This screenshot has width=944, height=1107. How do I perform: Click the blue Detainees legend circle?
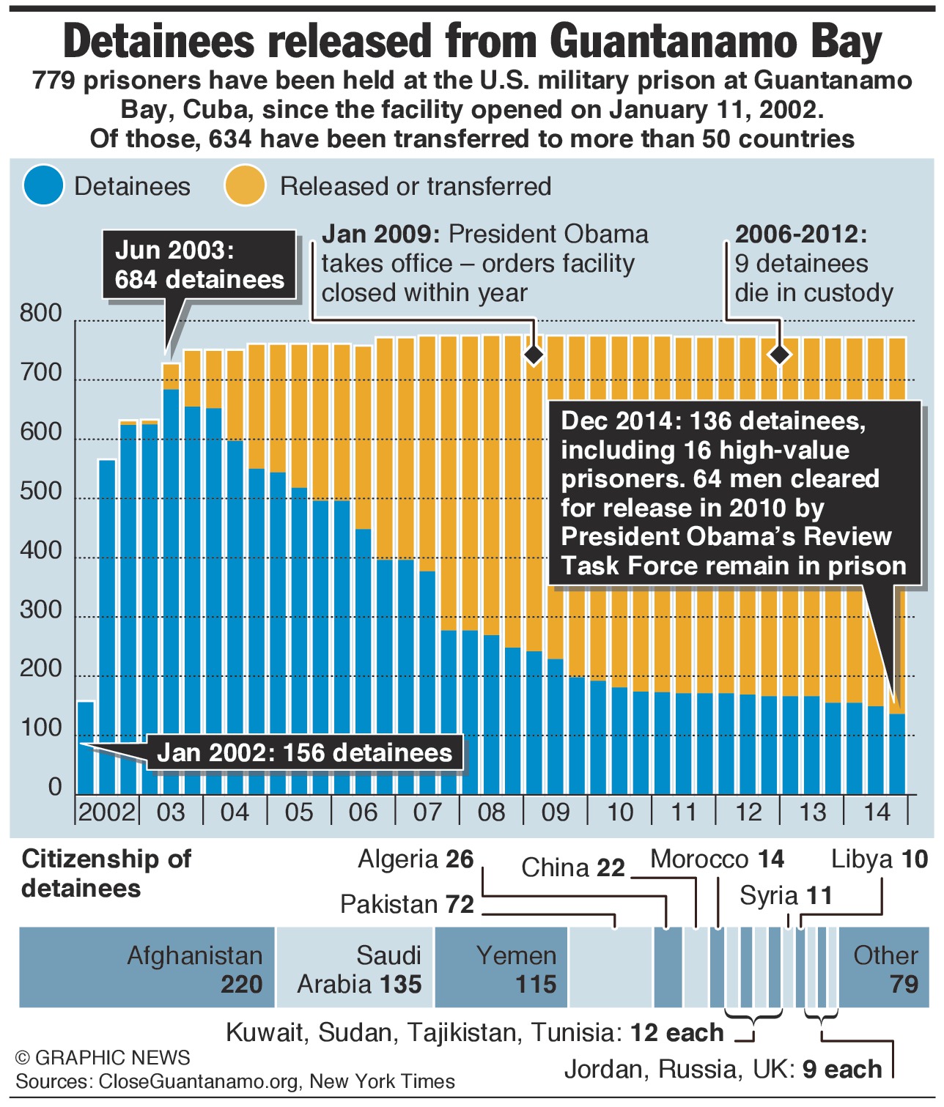(43, 185)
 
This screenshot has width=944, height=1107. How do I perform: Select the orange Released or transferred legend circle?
(245, 185)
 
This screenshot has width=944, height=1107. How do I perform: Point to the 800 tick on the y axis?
(41, 313)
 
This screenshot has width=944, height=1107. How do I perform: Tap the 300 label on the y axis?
(41, 610)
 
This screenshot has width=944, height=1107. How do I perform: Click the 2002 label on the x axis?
(107, 812)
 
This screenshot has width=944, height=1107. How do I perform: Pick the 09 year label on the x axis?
(556, 812)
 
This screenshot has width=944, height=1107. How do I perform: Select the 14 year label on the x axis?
(877, 812)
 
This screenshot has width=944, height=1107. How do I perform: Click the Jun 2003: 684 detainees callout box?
(199, 265)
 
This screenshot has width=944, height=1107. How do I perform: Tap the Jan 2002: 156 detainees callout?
(305, 753)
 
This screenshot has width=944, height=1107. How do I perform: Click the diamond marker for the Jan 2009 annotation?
(534, 355)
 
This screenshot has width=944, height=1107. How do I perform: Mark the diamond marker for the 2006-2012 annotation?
(780, 355)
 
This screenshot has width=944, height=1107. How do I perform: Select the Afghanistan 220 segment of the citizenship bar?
(147, 967)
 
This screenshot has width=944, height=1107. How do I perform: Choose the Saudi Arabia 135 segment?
(355, 967)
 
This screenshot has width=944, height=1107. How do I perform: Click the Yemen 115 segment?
(501, 967)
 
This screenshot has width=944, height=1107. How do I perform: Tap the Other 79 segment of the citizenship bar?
(884, 967)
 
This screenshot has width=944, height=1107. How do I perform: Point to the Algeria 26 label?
(416, 859)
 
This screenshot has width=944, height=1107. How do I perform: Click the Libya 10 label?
(880, 859)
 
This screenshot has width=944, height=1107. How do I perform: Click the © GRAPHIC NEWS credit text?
(103, 1057)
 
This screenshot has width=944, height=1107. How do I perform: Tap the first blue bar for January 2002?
(86, 747)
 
